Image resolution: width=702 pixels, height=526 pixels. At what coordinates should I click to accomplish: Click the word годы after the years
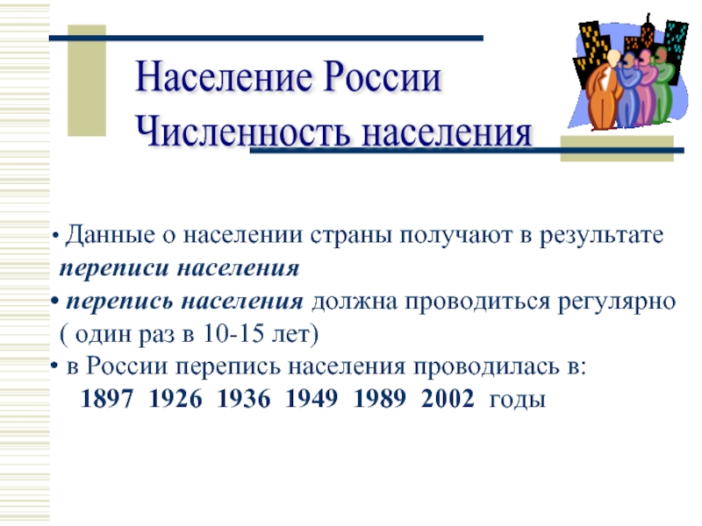[518, 402]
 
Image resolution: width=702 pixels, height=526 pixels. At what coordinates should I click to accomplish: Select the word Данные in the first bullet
[107, 237]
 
